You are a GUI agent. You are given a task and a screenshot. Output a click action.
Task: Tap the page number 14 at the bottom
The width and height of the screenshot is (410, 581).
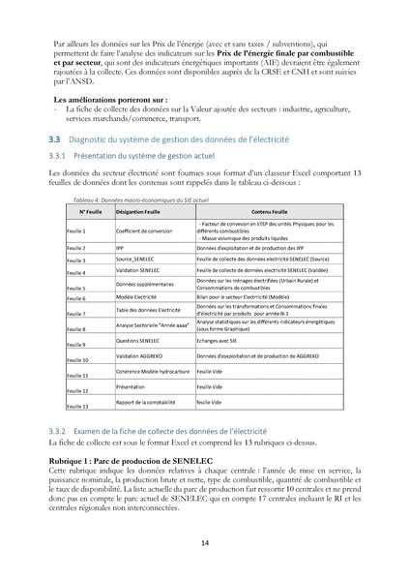pyautogui.click(x=205, y=542)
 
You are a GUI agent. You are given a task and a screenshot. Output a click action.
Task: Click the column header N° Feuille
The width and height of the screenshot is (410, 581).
pyautogui.click(x=90, y=210)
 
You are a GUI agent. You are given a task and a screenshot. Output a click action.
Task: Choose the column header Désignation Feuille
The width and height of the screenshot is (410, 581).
pyautogui.click(x=141, y=210)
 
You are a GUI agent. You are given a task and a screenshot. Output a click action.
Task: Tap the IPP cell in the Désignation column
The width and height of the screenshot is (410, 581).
pyautogui.click(x=120, y=248)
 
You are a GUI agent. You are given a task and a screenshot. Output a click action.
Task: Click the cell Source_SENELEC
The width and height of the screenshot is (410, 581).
pyautogui.click(x=137, y=260)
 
